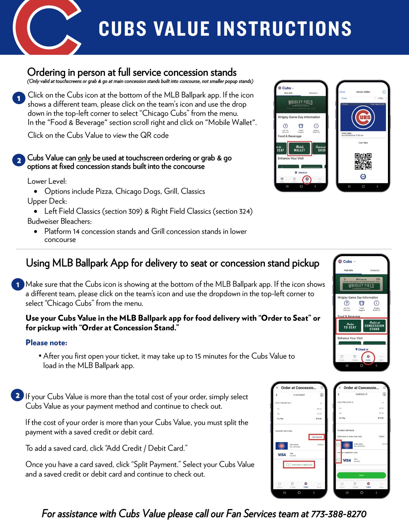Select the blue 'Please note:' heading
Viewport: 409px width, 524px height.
[46, 343]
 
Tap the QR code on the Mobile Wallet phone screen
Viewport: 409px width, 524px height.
[363, 161]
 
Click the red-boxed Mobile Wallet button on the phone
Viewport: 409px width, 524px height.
[299, 149]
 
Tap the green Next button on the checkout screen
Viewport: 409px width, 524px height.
[361, 475]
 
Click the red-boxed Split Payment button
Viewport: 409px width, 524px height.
[317, 437]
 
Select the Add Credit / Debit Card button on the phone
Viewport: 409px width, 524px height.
[299, 465]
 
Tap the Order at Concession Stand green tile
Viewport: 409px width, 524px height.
[374, 326]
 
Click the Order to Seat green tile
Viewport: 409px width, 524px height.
[350, 326]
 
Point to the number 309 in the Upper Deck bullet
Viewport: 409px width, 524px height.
[134, 211]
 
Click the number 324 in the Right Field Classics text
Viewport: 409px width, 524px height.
[244, 211]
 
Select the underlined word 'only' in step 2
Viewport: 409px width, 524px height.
[84, 158]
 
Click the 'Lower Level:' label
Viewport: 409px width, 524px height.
[47, 181]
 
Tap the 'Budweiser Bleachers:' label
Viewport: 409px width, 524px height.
[59, 221]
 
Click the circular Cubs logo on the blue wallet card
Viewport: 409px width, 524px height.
[363, 117]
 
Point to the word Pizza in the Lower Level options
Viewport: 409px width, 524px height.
[104, 191]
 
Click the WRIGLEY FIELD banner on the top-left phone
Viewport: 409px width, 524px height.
[300, 103]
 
